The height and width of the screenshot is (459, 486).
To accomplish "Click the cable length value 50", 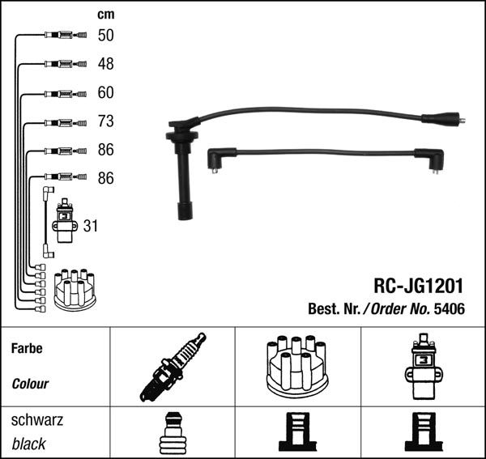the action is click(105, 36).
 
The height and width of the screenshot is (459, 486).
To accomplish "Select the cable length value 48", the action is click(105, 64).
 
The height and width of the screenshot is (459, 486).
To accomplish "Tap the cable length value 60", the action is click(105, 92).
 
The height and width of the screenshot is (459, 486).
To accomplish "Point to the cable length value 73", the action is click(105, 121).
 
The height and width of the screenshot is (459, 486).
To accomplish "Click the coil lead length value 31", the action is click(91, 226).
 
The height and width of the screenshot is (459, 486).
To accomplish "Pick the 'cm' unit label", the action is click(105, 15).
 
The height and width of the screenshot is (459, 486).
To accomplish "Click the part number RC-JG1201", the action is click(419, 286).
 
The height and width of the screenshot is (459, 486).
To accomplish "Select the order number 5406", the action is click(450, 308).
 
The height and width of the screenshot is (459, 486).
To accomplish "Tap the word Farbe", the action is click(27, 348).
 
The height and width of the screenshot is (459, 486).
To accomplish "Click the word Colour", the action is click(30, 384).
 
